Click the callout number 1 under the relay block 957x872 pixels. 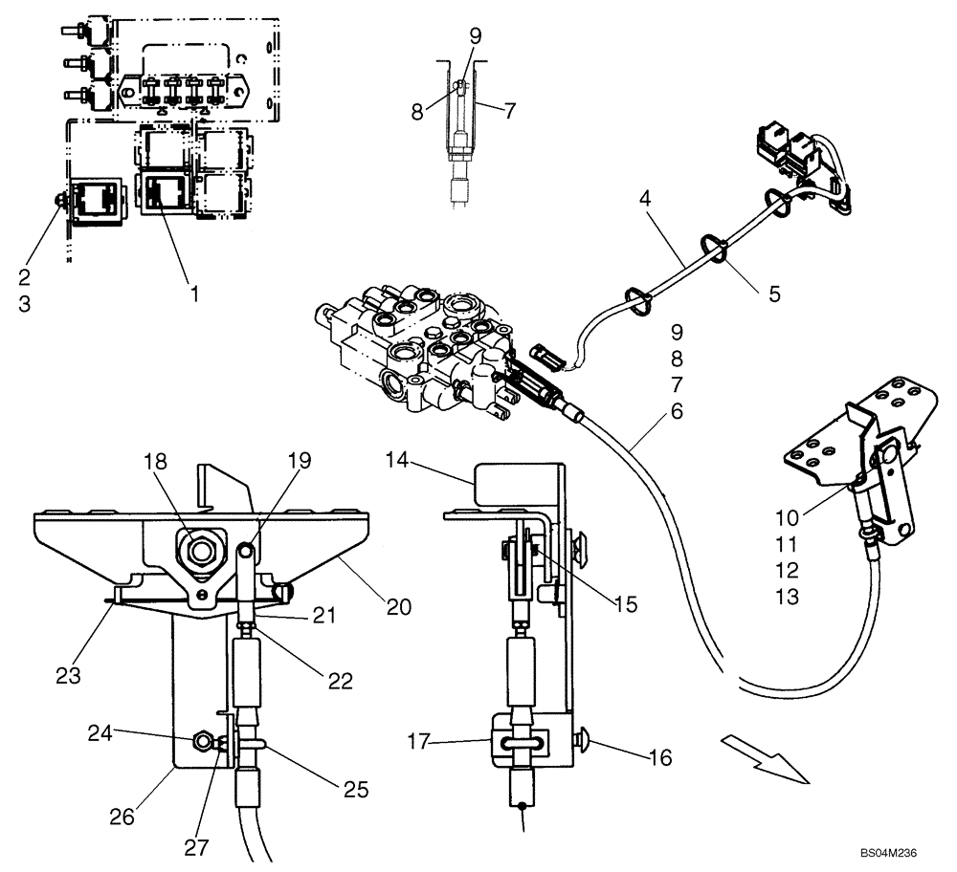pyautogui.click(x=194, y=294)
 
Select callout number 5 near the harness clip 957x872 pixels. pyautogui.click(x=773, y=294)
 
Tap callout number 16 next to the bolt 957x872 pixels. pyautogui.click(x=659, y=758)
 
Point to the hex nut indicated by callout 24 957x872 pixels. pyautogui.click(x=203, y=741)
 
